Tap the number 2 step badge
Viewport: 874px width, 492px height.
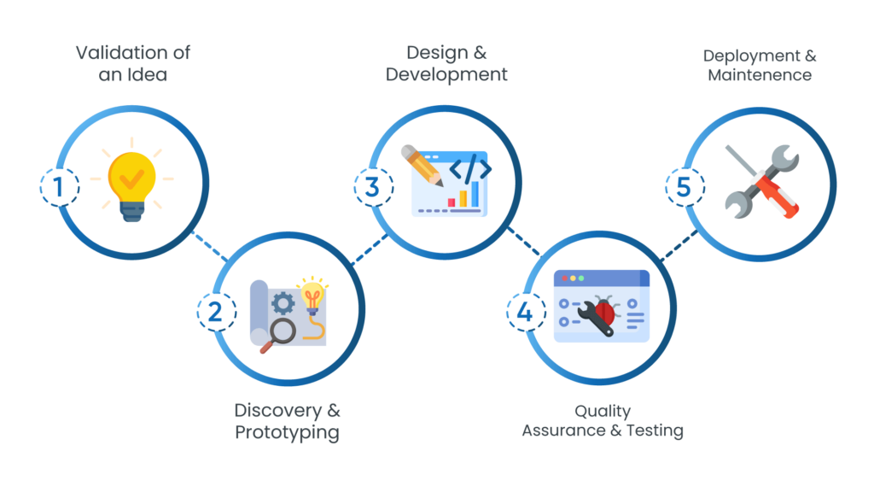coord(216,312)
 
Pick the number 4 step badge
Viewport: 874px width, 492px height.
coord(525,312)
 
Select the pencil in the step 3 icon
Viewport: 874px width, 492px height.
coord(423,166)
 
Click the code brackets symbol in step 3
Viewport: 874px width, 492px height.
coord(469,169)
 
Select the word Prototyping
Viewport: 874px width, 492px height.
coord(287,432)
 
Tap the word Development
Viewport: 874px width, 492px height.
coord(446,74)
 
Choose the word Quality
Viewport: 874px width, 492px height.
coord(603,412)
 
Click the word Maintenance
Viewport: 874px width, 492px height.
coord(759,75)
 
